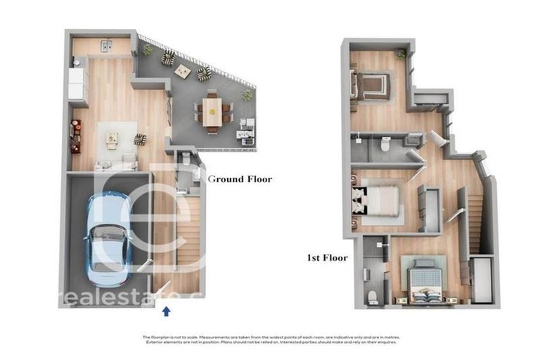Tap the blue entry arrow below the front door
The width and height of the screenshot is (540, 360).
pos(166,310)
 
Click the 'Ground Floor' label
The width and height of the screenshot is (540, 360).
pos(240,179)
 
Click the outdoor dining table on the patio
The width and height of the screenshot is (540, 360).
pos(212,111)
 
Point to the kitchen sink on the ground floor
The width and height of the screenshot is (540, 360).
pos(107,46)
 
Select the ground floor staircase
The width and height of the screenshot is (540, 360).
pos(189,232)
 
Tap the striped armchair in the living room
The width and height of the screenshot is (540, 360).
pos(141,139)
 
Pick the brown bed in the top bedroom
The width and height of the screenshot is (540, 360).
pos(371,87)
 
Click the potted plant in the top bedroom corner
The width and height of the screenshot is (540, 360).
pos(400,54)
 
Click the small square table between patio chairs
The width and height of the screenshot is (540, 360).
pos(183,70)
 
